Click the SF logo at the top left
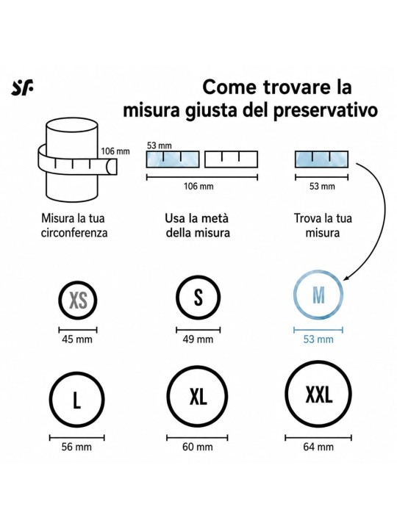tap(22, 87)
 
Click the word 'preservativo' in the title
tap(326, 110)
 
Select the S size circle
tap(176, 298)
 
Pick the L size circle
tap(50, 400)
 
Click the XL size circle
tap(167, 396)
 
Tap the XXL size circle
tap(286, 394)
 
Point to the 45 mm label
tap(77, 339)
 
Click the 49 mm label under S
tap(198, 339)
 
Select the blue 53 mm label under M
tap(318, 339)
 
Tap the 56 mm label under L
tap(76, 447)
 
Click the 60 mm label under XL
tap(198, 447)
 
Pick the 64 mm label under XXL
tap(318, 447)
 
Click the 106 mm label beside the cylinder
tap(115, 151)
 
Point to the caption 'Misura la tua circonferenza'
tap(74, 226)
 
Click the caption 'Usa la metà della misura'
tap(198, 226)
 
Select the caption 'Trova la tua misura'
tap(323, 226)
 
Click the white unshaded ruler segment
tap(232, 159)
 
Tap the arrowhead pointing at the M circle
tap(346, 278)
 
